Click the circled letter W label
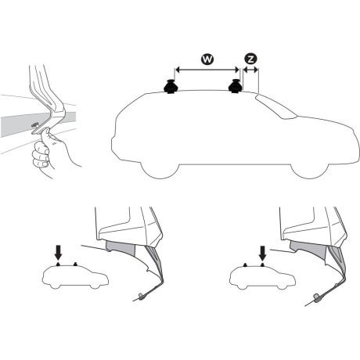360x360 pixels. coord(207,59)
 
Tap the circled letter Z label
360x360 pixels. coord(250,59)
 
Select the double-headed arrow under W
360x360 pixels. coord(207,70)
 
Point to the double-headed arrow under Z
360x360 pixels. coord(250,70)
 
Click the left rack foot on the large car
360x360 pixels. coord(171,86)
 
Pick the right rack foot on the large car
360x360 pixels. coord(236,86)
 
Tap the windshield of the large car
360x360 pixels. coord(276,106)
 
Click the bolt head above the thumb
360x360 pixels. coord(34,125)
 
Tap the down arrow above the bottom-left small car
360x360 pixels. coord(58,253)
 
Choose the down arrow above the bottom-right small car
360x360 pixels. coord(263,254)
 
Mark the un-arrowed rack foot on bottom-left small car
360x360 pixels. coord(75,264)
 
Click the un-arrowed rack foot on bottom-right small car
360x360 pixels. coord(246,265)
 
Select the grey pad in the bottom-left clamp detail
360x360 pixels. coord(121,249)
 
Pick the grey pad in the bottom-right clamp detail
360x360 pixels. coord(309,250)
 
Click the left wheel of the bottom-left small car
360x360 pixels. coord(55,286)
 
